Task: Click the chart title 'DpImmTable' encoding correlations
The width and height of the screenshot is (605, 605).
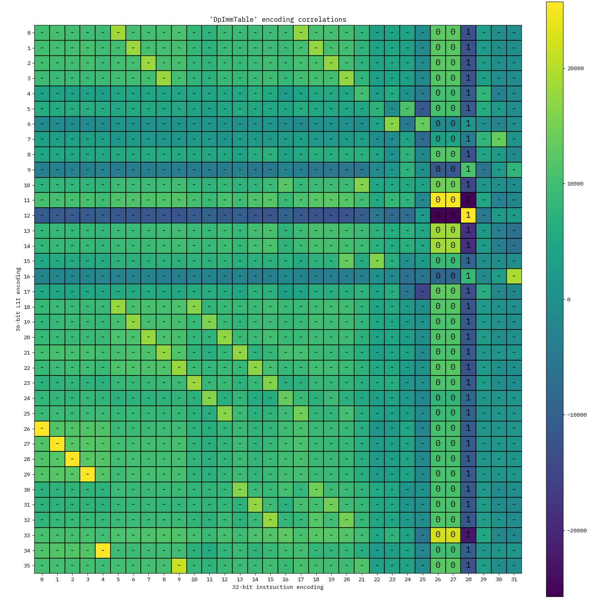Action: pyautogui.click(x=277, y=19)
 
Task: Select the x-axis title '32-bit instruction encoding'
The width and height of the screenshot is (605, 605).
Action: pyautogui.click(x=277, y=587)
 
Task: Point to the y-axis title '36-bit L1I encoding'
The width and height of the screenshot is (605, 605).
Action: pyautogui.click(x=18, y=299)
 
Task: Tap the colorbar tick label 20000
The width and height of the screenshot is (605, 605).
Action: pyautogui.click(x=576, y=68)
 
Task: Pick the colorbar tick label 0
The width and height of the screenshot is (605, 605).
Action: pyautogui.click(x=569, y=299)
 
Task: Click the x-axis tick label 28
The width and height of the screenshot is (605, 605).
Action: pyautogui.click(x=468, y=579)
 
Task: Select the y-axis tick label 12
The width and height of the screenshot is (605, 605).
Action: pyautogui.click(x=27, y=216)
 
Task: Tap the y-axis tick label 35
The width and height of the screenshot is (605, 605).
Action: pyautogui.click(x=27, y=565)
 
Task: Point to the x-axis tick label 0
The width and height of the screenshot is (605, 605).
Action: pyautogui.click(x=42, y=579)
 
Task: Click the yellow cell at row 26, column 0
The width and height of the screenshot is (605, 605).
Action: pyautogui.click(x=42, y=428)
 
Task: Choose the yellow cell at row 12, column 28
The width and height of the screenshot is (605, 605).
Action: pyautogui.click(x=468, y=215)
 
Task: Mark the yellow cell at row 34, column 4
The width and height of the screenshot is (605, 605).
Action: pyautogui.click(x=103, y=550)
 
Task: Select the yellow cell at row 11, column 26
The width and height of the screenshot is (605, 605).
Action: pyautogui.click(x=438, y=200)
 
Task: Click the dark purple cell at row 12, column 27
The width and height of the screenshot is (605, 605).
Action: pyautogui.click(x=453, y=215)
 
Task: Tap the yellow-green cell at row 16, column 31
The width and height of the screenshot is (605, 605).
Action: pyautogui.click(x=514, y=276)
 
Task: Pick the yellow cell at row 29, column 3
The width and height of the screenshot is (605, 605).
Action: pyautogui.click(x=88, y=474)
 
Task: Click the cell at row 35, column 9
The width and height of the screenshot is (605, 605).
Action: pyautogui.click(x=179, y=565)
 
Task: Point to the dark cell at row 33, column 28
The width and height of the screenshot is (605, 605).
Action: pyautogui.click(x=468, y=535)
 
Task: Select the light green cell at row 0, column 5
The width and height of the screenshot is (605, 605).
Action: pyautogui.click(x=118, y=33)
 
